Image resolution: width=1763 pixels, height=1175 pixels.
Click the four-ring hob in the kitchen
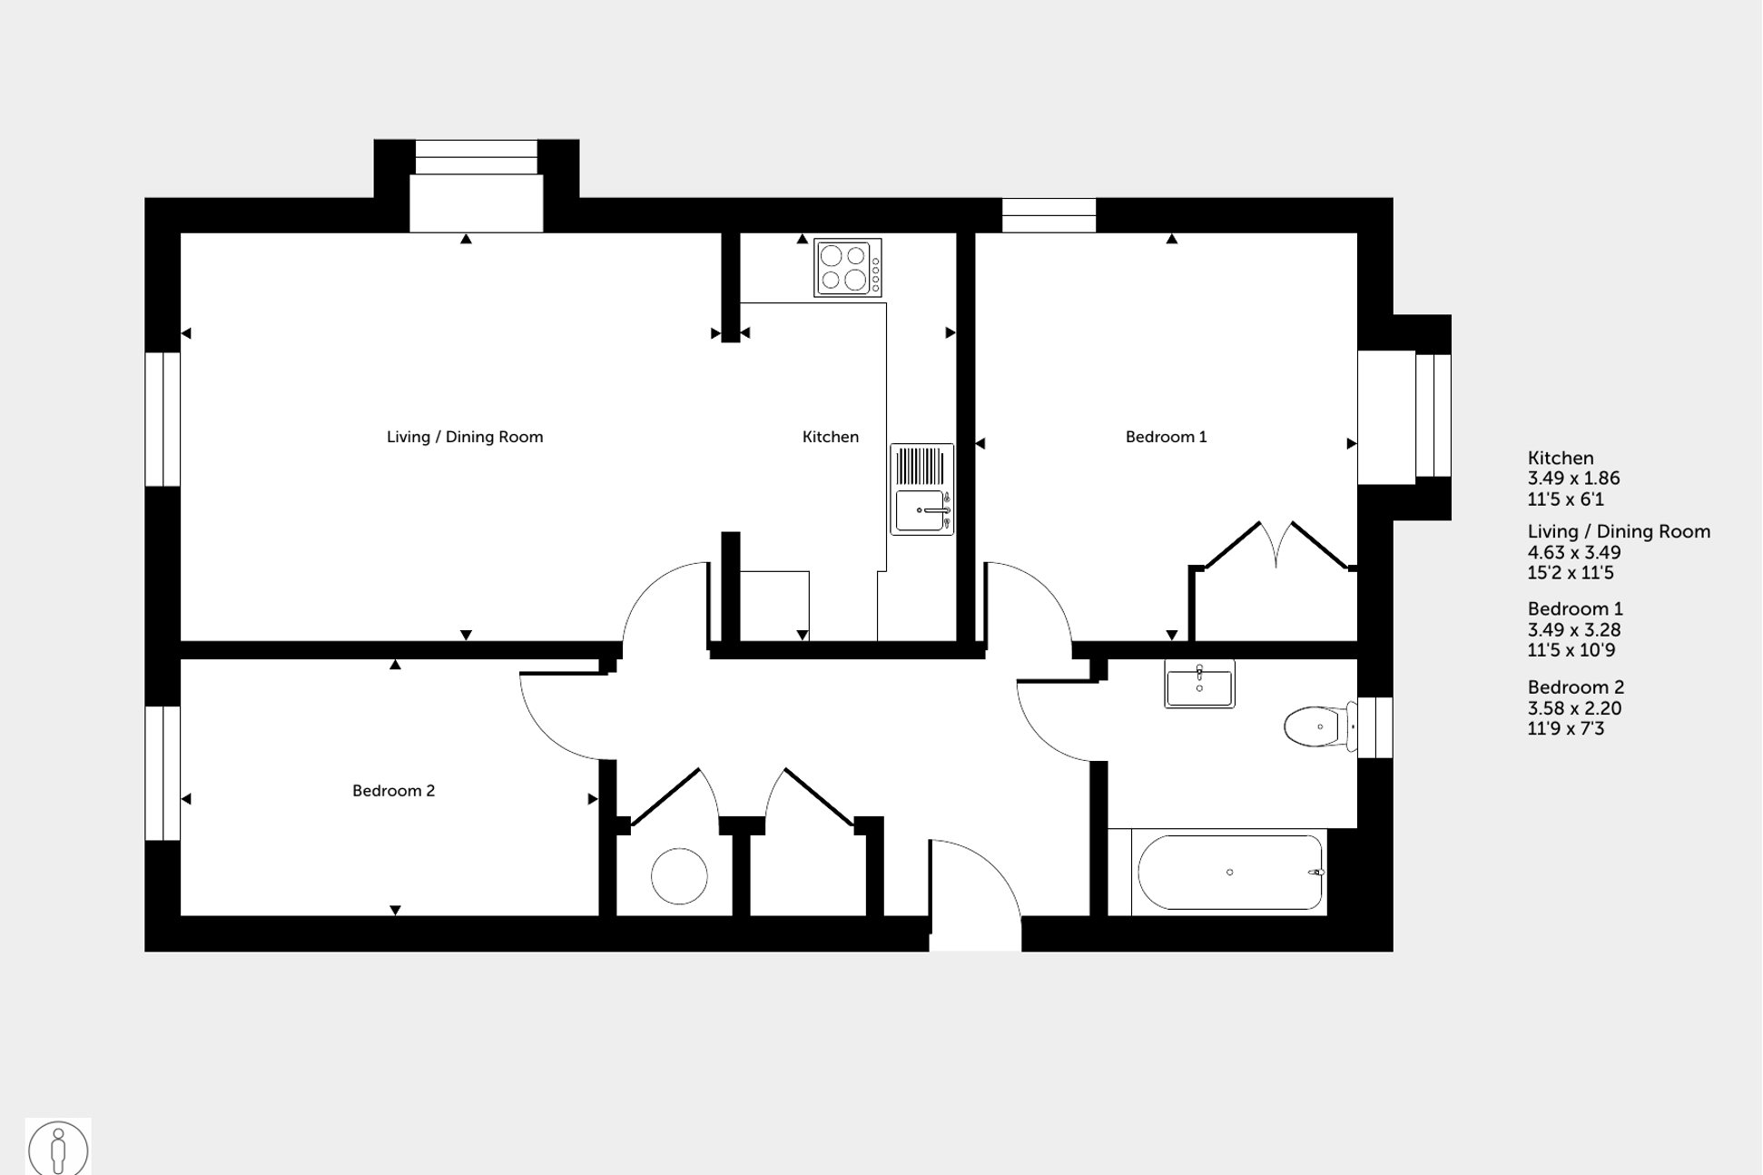pos(847,267)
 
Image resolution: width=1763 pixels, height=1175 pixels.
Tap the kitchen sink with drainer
pos(921,489)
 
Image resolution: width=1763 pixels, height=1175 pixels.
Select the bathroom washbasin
pos(1199,685)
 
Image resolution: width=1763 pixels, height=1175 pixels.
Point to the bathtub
pos(1230,873)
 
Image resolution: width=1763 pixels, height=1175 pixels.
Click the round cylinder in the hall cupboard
pos(679,876)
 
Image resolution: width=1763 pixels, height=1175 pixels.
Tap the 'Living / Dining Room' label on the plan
pos(465,437)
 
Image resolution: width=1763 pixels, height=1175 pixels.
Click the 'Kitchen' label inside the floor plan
pos(830,437)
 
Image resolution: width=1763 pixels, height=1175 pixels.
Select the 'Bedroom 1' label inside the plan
pos(1166,437)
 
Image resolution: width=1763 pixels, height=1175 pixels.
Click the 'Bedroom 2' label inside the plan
pos(393,791)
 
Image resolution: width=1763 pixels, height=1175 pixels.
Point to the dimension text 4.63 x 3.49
pos(1573,552)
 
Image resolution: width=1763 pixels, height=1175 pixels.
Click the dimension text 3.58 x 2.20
pos(1573,708)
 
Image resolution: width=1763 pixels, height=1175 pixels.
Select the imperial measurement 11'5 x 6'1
pos(1565,499)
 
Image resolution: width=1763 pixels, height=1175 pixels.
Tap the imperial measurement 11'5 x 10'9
pos(1571,650)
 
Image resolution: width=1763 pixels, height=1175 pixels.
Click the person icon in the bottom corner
pos(58,1149)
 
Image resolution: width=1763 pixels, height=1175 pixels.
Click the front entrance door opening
pos(975,933)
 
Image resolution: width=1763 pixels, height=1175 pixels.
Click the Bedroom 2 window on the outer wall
pos(163,774)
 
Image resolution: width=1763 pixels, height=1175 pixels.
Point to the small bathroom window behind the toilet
pos(1374,727)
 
